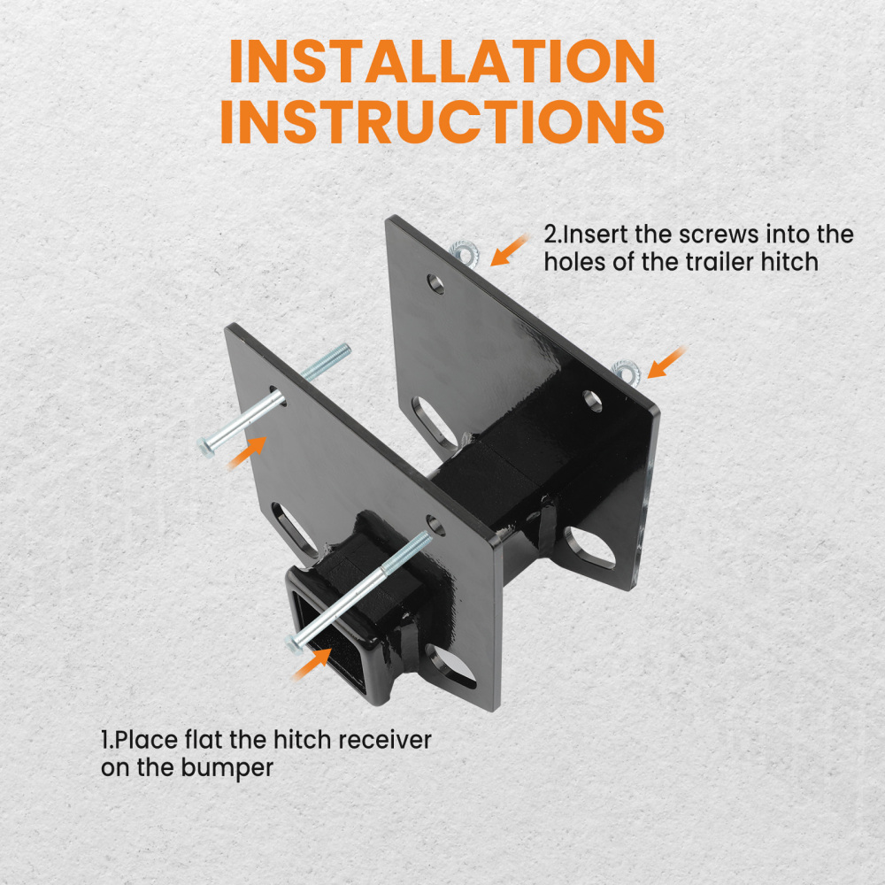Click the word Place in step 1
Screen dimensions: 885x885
click(x=146, y=739)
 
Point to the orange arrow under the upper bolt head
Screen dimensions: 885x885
click(x=248, y=452)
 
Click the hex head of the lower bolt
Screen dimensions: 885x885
click(x=296, y=639)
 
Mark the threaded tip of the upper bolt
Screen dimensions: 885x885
click(x=341, y=353)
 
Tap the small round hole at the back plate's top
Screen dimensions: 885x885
click(x=435, y=283)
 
